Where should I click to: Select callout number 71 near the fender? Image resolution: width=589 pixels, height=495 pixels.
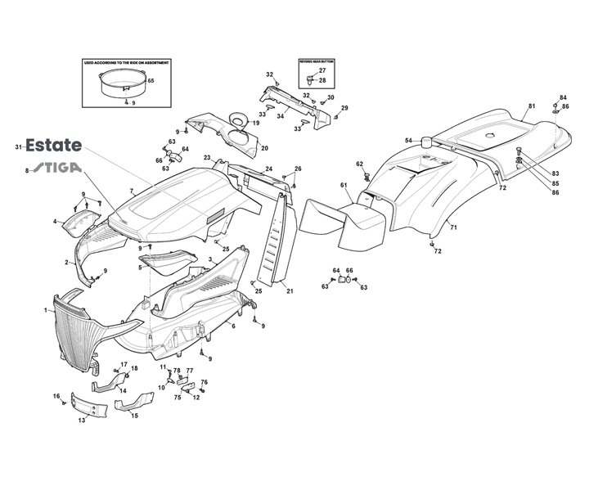pyautogui.click(x=453, y=227)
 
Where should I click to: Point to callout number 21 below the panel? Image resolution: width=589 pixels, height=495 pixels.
pyautogui.click(x=290, y=290)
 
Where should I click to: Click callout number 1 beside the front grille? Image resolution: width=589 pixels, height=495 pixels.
pyautogui.click(x=46, y=310)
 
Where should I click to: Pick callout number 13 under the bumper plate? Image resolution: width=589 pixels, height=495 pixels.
pyautogui.click(x=82, y=421)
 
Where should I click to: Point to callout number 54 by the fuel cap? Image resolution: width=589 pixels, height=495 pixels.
pyautogui.click(x=408, y=141)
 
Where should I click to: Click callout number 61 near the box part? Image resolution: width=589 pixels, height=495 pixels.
pyautogui.click(x=344, y=186)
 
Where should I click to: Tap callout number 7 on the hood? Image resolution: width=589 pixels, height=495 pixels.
pyautogui.click(x=131, y=191)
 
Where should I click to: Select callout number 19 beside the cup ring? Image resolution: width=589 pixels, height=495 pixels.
pyautogui.click(x=256, y=123)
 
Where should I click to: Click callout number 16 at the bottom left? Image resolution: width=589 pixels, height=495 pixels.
pyautogui.click(x=56, y=396)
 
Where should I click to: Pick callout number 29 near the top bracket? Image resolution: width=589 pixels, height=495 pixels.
pyautogui.click(x=344, y=108)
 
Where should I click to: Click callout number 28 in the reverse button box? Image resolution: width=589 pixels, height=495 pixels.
pyautogui.click(x=322, y=80)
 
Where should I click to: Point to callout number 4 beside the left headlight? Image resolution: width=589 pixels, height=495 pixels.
pyautogui.click(x=56, y=221)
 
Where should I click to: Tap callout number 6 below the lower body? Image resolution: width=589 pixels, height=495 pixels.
pyautogui.click(x=233, y=326)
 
